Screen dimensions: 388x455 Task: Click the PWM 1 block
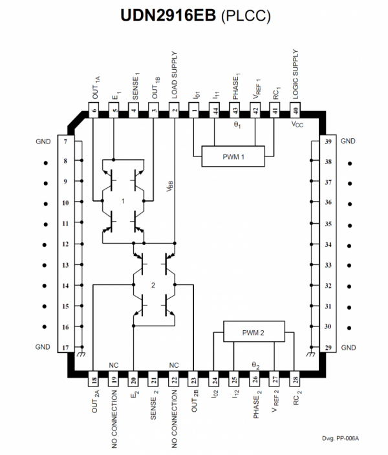(x=233, y=156)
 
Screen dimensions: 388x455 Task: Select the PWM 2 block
(x=254, y=332)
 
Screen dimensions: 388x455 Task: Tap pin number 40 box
(x=295, y=110)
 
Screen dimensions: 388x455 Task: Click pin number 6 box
(x=94, y=110)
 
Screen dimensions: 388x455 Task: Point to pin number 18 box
(x=94, y=379)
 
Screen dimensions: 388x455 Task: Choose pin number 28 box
(x=295, y=379)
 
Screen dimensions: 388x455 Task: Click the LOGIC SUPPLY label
(x=296, y=74)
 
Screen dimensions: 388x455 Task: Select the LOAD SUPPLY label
(x=174, y=75)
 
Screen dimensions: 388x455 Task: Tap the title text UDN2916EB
(x=168, y=15)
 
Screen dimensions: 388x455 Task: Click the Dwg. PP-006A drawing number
(x=340, y=438)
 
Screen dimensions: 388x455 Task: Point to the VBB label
(x=170, y=186)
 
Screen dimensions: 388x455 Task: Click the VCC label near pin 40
(x=297, y=125)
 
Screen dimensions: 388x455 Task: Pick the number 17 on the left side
(x=65, y=347)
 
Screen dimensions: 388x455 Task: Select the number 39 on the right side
(x=328, y=142)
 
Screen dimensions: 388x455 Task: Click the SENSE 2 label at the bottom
(x=154, y=405)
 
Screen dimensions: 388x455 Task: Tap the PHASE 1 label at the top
(x=236, y=87)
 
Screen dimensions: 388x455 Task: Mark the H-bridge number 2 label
(x=153, y=285)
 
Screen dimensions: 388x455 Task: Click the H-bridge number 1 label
(x=123, y=201)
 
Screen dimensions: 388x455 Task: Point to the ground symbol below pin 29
(x=311, y=354)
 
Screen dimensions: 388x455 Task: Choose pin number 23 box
(x=194, y=379)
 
